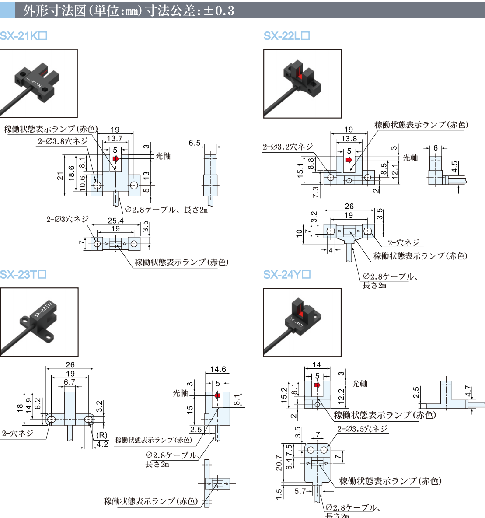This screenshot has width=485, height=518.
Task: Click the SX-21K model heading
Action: tap(23, 36)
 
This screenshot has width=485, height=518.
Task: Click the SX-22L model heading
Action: tap(286, 36)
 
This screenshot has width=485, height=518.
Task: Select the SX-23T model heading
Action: tap(23, 275)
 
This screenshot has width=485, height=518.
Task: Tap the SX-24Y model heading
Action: tap(287, 275)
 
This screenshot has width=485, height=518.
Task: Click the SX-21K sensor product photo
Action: tap(39, 83)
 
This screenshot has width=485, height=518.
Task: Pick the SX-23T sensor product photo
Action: tap(39, 322)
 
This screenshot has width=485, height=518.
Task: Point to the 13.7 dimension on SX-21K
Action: tap(114, 139)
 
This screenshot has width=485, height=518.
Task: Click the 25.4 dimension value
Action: tap(115, 221)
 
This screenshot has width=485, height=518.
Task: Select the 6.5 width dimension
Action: tap(195, 143)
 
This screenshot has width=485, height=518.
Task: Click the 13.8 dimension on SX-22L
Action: tap(349, 139)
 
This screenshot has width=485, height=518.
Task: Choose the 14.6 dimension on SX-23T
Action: tap(218, 369)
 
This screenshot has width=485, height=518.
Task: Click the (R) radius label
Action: tap(101, 435)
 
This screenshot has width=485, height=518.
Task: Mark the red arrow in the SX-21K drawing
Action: tap(115, 158)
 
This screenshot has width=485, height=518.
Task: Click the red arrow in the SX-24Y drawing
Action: tap(317, 385)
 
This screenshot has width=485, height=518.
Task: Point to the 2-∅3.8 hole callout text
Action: tap(62, 141)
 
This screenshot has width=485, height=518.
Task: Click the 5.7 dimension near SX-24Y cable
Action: tap(300, 491)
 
